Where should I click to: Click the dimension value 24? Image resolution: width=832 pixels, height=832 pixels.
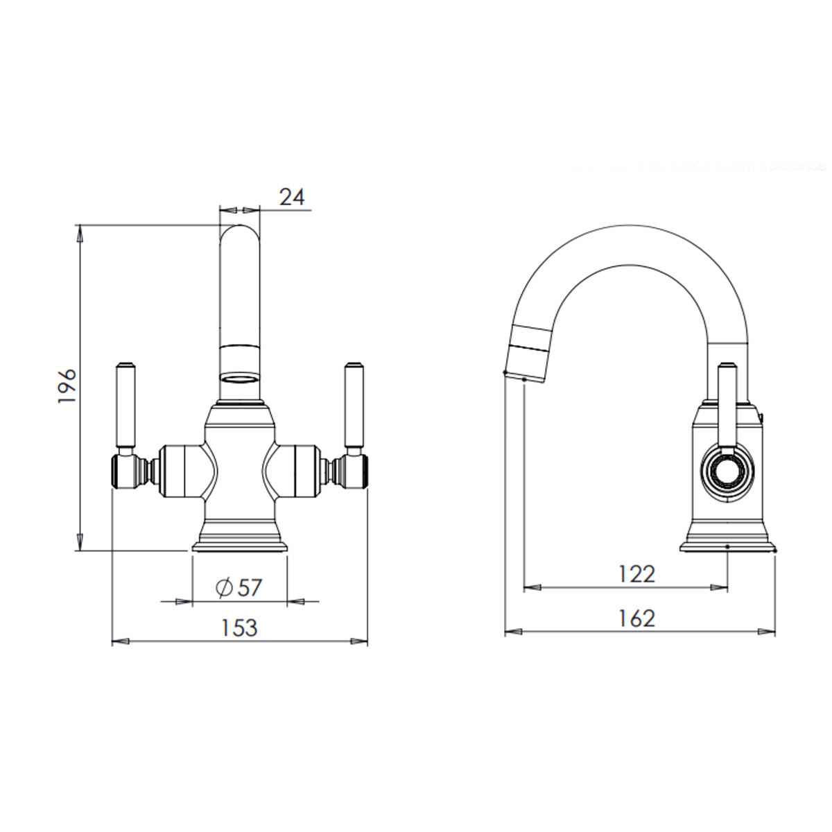coord(292,197)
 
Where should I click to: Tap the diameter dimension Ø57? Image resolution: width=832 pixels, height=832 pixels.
coord(239,587)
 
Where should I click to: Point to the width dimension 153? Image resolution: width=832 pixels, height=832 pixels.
coord(239,627)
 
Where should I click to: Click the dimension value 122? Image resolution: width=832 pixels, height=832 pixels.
coord(636,574)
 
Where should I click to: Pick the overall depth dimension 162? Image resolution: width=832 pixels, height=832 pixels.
coord(636,617)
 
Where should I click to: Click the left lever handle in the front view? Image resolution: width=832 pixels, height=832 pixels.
coord(125,406)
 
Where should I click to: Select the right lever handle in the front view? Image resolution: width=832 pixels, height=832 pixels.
coord(354,406)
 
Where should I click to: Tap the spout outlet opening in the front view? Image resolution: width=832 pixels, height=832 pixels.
coord(239,379)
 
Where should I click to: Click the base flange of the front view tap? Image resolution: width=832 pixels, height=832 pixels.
coord(239,547)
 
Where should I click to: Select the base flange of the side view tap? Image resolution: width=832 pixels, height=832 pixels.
coord(727,547)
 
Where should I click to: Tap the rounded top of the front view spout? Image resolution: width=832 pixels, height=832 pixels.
coord(239,232)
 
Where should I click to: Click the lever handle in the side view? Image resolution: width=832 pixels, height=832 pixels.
coord(726,402)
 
